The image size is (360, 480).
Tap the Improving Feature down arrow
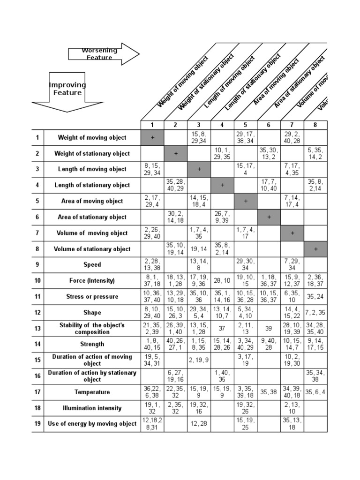click(x=67, y=91)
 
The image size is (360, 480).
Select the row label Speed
click(x=92, y=265)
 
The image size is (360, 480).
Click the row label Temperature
click(x=92, y=392)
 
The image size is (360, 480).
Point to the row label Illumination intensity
click(x=92, y=408)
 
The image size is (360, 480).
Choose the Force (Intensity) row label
click(x=92, y=281)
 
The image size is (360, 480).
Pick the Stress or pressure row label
click(x=92, y=297)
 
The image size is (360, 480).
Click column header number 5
click(x=246, y=125)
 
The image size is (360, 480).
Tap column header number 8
click(x=315, y=125)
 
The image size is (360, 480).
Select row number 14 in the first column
click(x=38, y=345)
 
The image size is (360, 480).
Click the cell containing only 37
click(x=222, y=329)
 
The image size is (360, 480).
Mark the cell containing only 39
click(x=269, y=329)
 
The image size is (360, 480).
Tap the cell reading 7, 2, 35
click(x=315, y=313)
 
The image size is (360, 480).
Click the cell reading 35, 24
click(x=315, y=297)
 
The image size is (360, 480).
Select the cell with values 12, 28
click(x=199, y=424)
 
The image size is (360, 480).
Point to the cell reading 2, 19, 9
click(x=199, y=360)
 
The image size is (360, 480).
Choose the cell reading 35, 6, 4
click(x=315, y=392)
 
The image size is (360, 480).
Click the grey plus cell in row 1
click(x=152, y=138)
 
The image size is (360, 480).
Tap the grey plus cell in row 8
click(x=315, y=249)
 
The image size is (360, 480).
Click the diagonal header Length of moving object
click(x=230, y=82)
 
